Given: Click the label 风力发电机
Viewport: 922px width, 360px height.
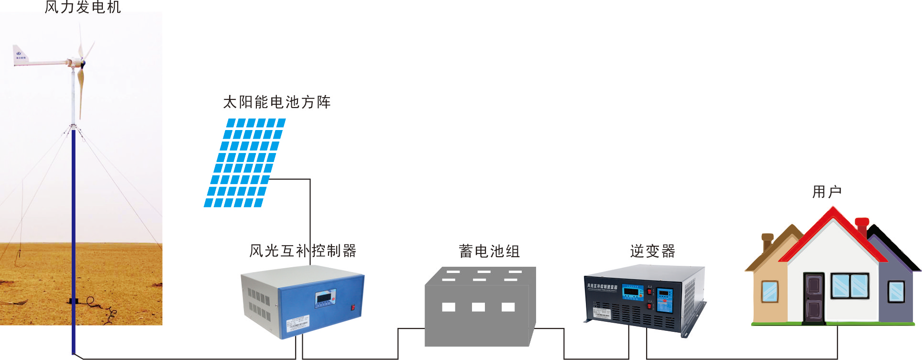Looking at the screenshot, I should click(x=83, y=7).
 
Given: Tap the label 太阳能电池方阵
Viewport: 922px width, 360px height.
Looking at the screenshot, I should click(x=277, y=102).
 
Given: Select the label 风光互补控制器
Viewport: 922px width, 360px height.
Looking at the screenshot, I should click(x=303, y=251).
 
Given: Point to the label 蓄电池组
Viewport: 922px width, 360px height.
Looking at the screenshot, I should click(x=489, y=251).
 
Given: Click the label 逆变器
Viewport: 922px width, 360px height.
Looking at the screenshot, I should click(x=652, y=251).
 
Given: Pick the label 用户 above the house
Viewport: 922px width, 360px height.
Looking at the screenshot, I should click(x=826, y=192).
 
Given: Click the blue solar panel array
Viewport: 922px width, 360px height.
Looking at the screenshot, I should click(x=245, y=163).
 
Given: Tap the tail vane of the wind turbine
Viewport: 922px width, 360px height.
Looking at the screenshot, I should click(x=20, y=55).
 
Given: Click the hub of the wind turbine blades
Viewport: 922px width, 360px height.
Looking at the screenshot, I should click(x=82, y=63).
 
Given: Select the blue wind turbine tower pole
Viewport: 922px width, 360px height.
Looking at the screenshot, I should click(x=74, y=239).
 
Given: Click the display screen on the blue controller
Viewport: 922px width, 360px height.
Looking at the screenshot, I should click(x=326, y=298).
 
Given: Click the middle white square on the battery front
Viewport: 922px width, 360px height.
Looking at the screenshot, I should click(x=478, y=307).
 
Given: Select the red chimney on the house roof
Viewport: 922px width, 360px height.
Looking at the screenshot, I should click(x=862, y=226).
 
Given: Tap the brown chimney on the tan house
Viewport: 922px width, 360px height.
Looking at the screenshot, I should click(x=768, y=241).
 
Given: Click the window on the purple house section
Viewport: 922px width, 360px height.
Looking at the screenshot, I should click(x=896, y=291).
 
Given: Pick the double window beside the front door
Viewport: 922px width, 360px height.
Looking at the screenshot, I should click(x=850, y=286).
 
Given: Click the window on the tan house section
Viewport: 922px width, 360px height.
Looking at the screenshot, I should click(x=769, y=291).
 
